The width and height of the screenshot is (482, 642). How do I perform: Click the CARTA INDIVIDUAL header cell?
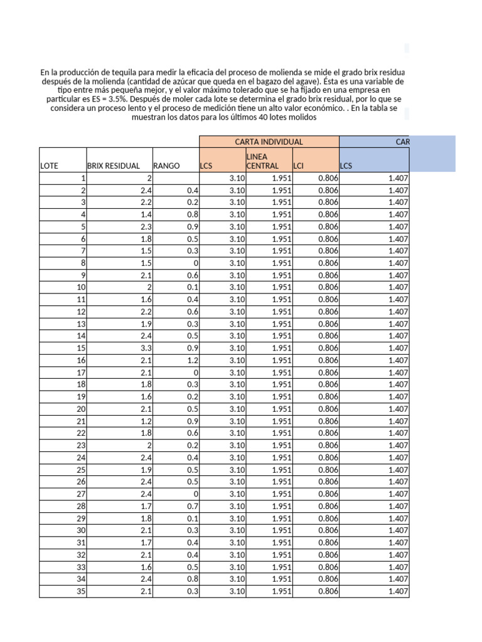tap(269, 142)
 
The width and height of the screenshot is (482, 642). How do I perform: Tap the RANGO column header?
tap(166, 166)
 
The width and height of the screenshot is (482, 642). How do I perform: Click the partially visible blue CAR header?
tap(402, 142)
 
